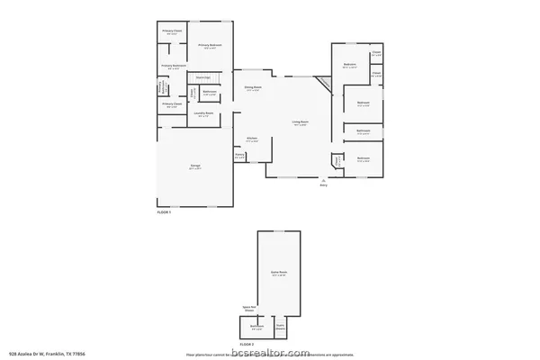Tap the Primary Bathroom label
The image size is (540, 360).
[173, 66]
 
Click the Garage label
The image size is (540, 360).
[194, 166]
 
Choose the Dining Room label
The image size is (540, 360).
[252, 87]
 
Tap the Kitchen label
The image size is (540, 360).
[252, 139]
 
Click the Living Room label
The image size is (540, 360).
[300, 121]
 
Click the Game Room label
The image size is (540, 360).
[279, 273]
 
